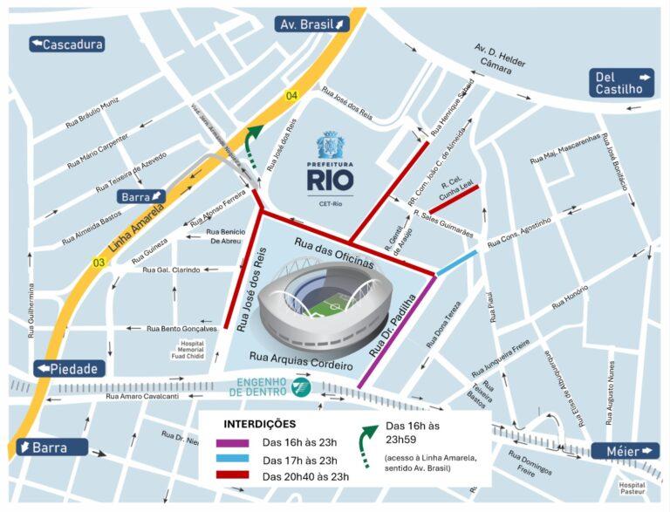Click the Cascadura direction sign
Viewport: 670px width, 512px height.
(x=67, y=44)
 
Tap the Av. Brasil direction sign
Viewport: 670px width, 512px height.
(x=313, y=24)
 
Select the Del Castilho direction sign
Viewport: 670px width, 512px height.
(x=623, y=82)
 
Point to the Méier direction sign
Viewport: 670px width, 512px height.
(x=625, y=451)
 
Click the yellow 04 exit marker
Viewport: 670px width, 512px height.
(x=291, y=95)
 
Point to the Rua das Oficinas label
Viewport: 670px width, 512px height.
(x=333, y=251)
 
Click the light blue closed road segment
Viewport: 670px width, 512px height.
(x=457, y=263)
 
